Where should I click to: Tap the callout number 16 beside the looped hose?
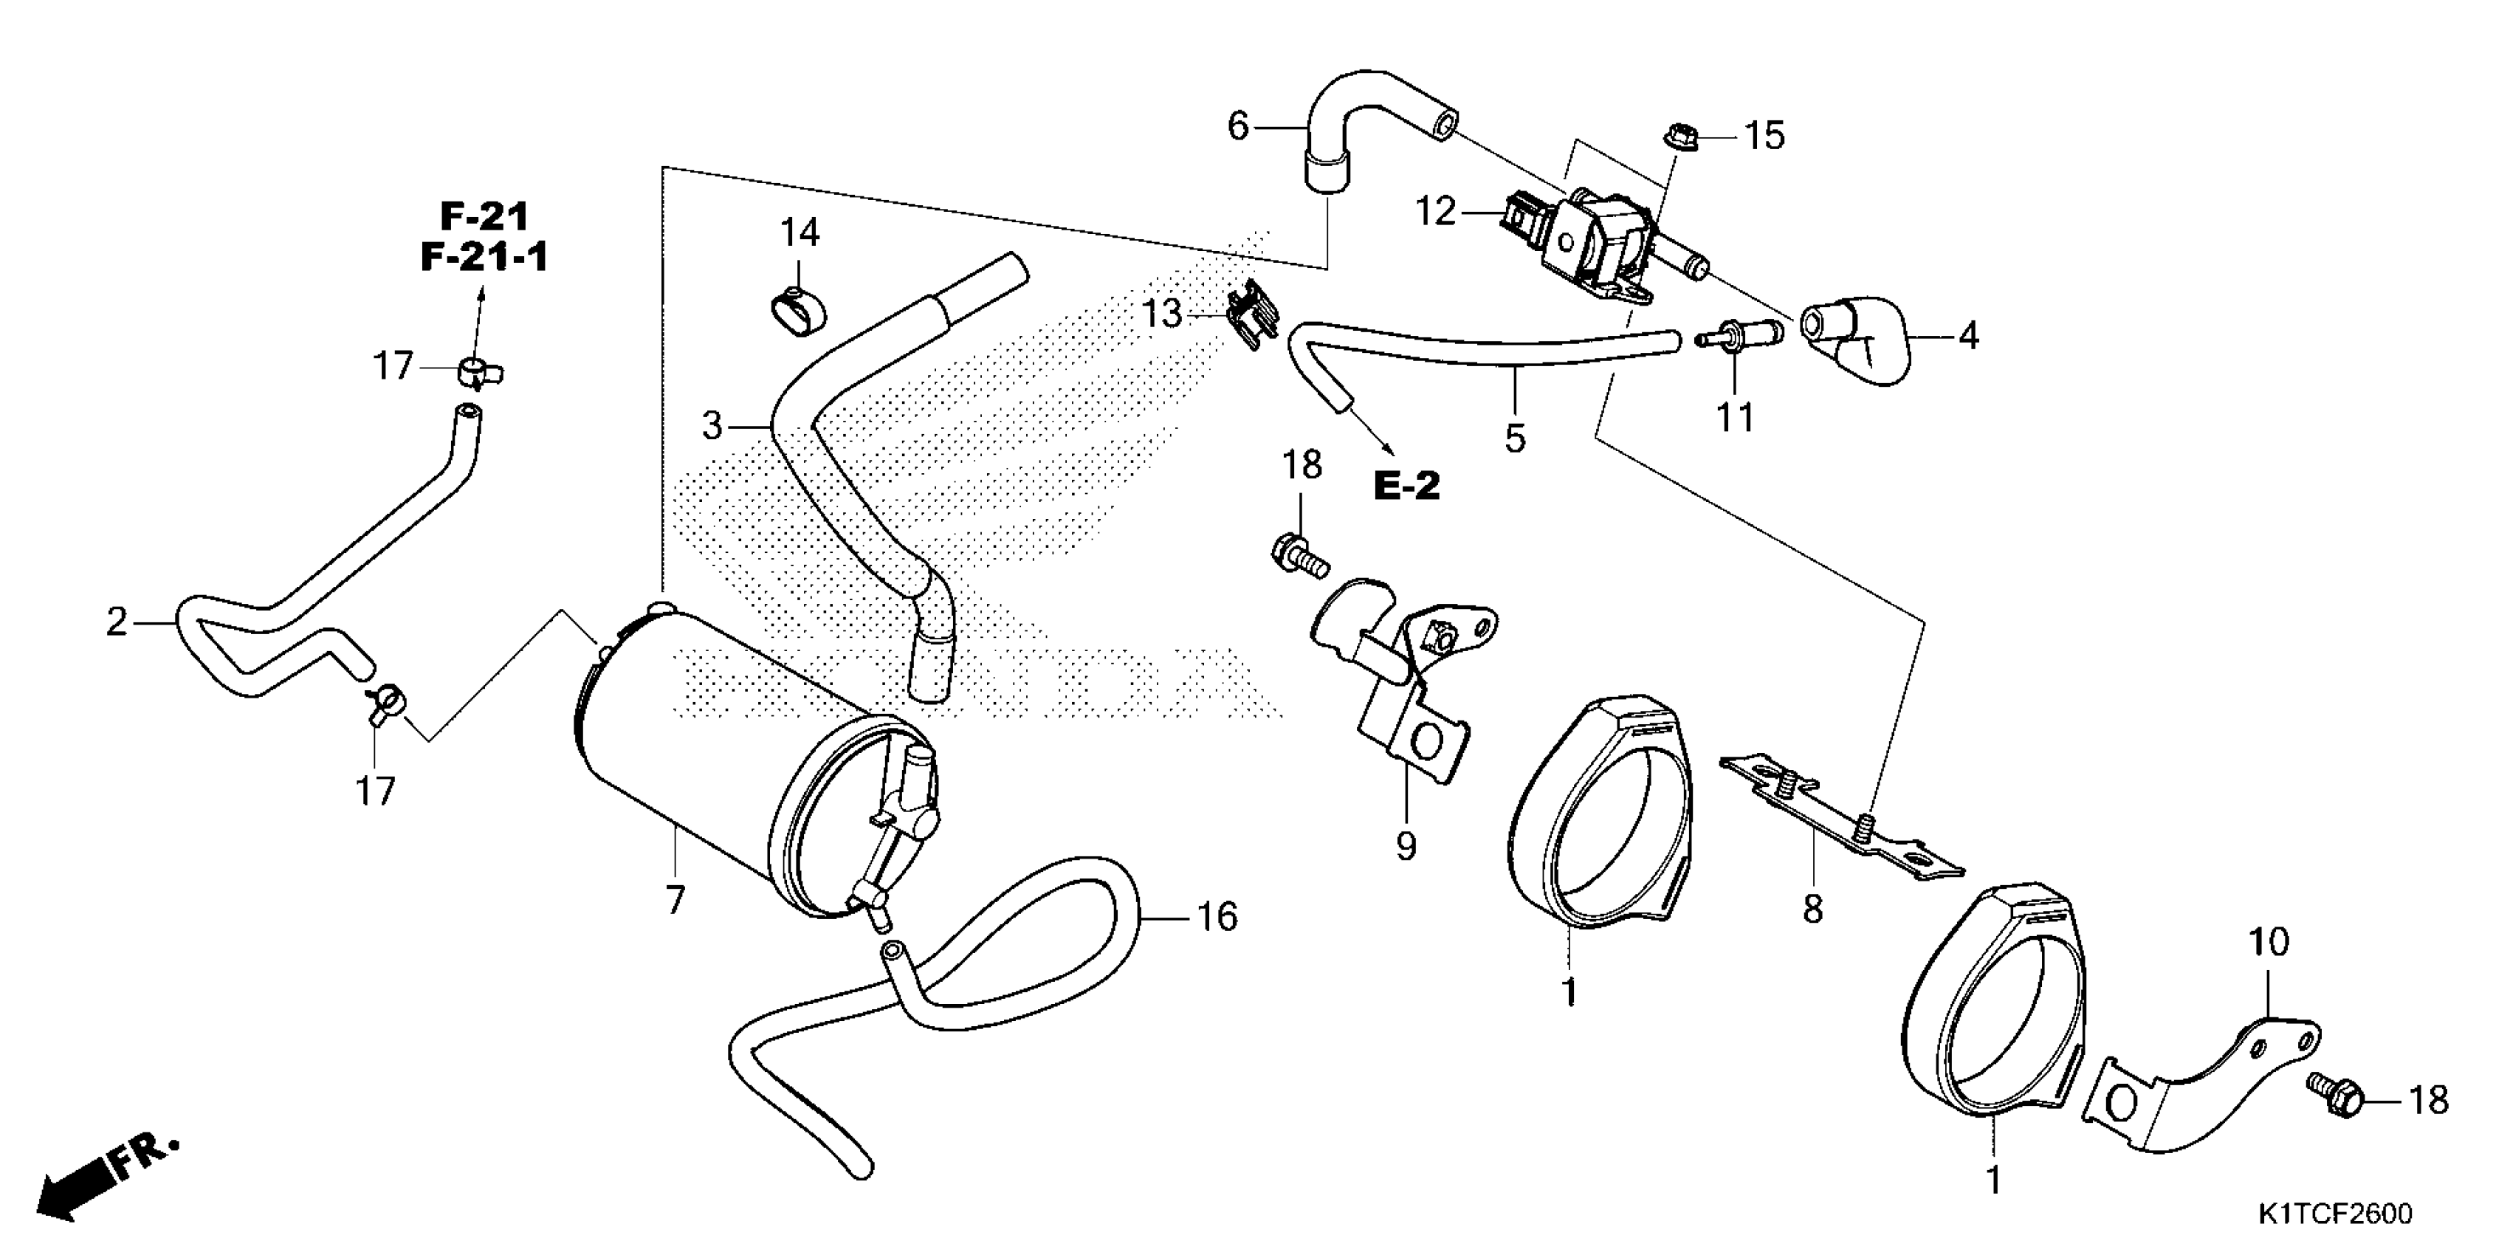[1217, 917]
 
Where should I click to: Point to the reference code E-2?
[1407, 485]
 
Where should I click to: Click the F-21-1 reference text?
[484, 257]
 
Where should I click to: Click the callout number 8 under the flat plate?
[1812, 909]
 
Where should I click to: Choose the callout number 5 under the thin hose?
[1514, 439]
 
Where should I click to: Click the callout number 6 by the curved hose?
[1237, 127]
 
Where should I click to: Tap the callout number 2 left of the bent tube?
[117, 621]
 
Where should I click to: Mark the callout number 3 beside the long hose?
[712, 426]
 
